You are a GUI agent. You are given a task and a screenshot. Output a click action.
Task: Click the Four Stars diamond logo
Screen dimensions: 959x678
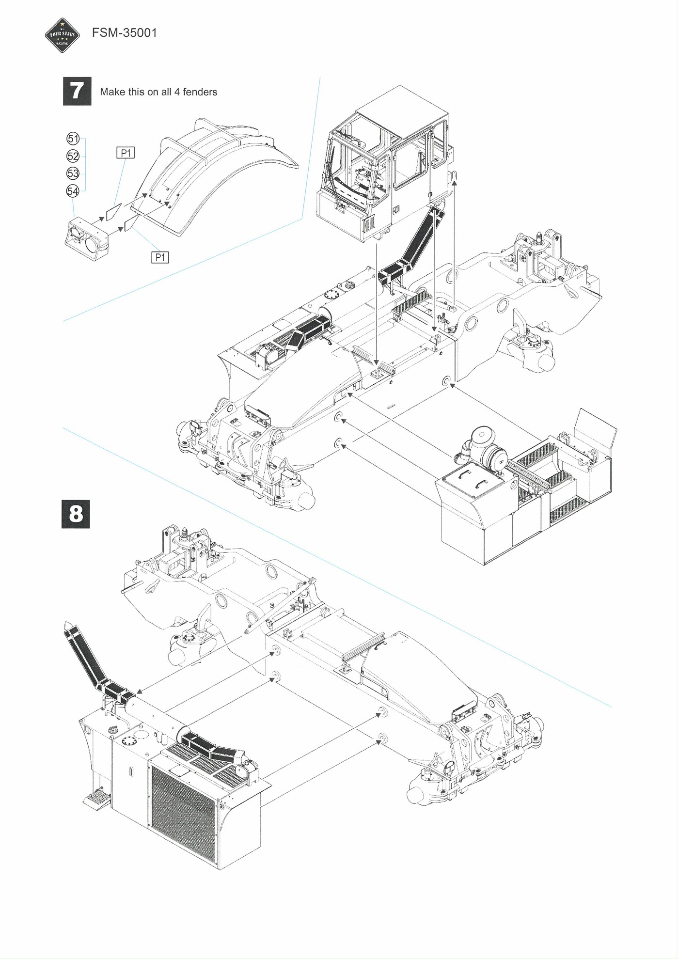(x=62, y=35)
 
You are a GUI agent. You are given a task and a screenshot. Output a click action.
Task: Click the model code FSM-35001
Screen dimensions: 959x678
(x=125, y=33)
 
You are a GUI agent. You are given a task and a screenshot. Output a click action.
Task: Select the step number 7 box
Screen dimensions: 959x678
(x=77, y=91)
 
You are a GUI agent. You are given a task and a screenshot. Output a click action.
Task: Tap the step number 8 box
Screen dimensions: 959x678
(x=76, y=514)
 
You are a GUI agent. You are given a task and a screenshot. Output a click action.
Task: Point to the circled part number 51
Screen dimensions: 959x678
(x=73, y=139)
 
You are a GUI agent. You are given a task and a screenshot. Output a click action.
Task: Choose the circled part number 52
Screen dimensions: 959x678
(x=73, y=156)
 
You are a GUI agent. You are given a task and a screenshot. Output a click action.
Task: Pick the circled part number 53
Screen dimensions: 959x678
(x=73, y=173)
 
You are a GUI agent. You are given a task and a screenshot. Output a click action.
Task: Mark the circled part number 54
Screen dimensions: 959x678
(x=73, y=191)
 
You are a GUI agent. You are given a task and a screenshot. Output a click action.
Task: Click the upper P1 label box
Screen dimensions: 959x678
(x=126, y=153)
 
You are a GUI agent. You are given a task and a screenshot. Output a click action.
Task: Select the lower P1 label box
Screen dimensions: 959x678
(x=160, y=257)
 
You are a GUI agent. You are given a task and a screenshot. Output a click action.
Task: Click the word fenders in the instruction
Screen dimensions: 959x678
(x=200, y=92)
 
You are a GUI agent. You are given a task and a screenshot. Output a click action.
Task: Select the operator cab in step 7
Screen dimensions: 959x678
(x=383, y=165)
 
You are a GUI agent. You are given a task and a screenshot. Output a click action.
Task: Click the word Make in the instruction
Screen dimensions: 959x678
(x=112, y=92)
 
